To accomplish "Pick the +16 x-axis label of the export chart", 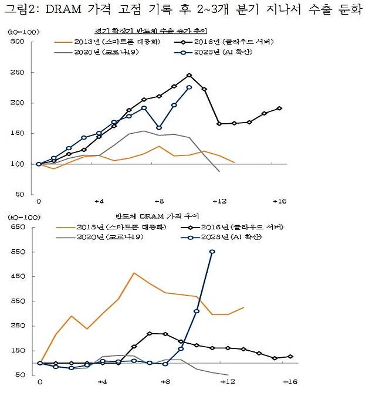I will pyautogui.click(x=279, y=201).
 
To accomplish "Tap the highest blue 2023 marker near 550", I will pyautogui.click(x=212, y=252).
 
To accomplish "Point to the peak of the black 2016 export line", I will pyautogui.click(x=189, y=75).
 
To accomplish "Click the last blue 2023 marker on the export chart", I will pyautogui.click(x=189, y=87).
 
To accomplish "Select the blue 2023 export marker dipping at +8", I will pyautogui.click(x=159, y=127).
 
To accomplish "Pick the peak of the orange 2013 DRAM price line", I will pyautogui.click(x=134, y=273).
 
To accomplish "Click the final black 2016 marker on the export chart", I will pyautogui.click(x=279, y=108).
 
